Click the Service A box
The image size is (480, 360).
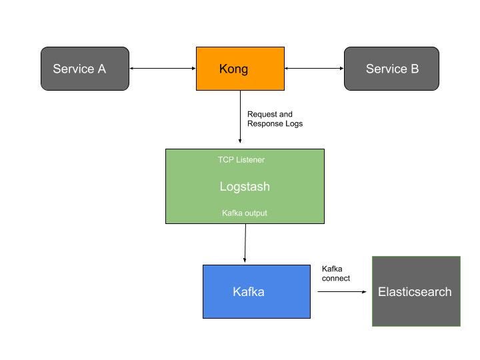[x=85, y=68]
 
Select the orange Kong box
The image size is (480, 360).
[x=240, y=68]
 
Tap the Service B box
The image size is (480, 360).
[x=391, y=68]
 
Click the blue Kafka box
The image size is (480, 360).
[x=256, y=291]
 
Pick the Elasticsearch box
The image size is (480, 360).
[x=416, y=291]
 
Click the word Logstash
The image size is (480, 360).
[x=245, y=187]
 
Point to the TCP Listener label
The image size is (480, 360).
[x=241, y=160]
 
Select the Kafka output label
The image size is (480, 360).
[x=244, y=213]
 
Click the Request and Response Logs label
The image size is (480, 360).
[x=274, y=119]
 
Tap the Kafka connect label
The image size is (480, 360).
[x=336, y=273]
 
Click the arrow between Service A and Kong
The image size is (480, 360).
[x=162, y=68]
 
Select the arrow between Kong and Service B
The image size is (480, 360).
[x=314, y=68]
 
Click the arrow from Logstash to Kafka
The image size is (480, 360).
[x=245, y=243]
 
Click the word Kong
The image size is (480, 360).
[x=233, y=69]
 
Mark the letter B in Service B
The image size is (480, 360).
[x=414, y=69]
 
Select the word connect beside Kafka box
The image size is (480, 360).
[x=336, y=278]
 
